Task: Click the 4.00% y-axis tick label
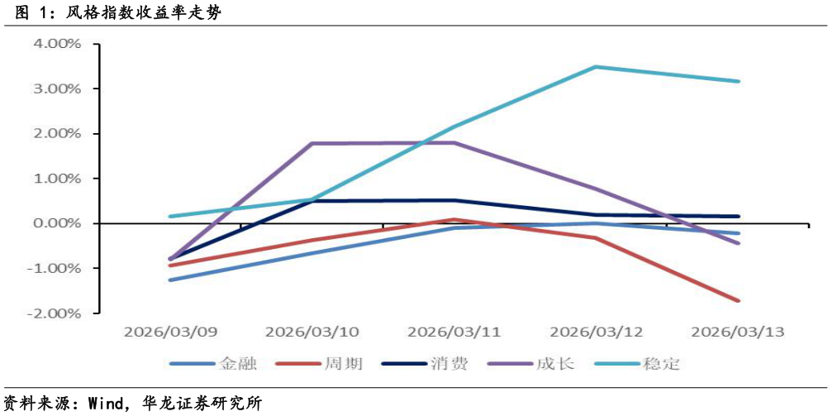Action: click(x=57, y=44)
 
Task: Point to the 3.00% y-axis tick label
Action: click(x=57, y=88)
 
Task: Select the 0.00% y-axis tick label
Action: click(x=57, y=223)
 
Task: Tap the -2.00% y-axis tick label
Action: click(x=55, y=313)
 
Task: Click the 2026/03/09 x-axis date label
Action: click(x=170, y=332)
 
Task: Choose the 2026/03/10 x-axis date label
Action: click(x=312, y=332)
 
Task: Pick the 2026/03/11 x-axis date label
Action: click(x=454, y=332)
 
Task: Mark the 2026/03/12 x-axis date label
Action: click(x=597, y=332)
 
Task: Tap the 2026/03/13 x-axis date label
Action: click(x=738, y=332)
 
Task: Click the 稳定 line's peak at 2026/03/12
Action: click(x=597, y=67)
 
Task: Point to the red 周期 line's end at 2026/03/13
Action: click(x=739, y=300)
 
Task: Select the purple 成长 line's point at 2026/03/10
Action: click(x=312, y=143)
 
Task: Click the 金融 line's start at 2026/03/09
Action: click(x=170, y=280)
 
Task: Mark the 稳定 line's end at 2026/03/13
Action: click(x=739, y=81)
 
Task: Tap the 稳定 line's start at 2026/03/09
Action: click(x=170, y=217)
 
